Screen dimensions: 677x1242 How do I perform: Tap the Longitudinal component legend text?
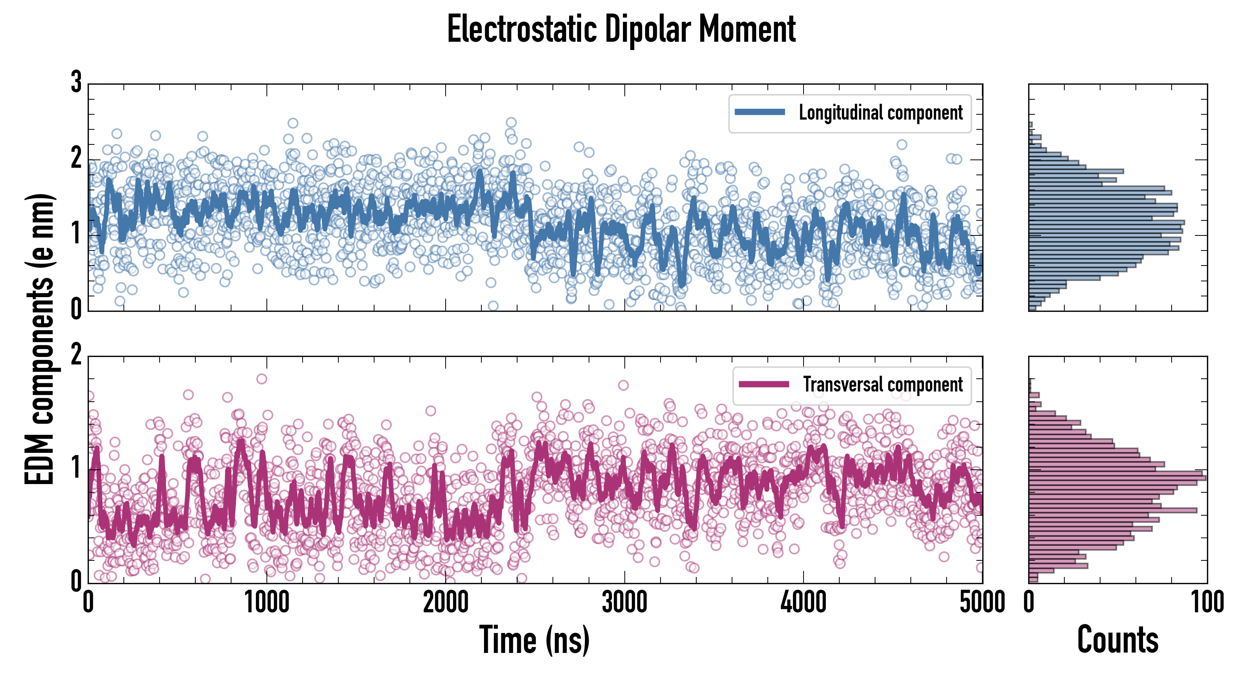880,113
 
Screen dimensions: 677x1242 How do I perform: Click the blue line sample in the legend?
760,112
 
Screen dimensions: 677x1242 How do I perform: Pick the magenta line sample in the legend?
764,384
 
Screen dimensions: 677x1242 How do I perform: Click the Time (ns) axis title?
534,640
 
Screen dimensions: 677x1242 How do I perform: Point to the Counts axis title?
1117,640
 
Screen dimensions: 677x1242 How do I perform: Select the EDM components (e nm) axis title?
40,339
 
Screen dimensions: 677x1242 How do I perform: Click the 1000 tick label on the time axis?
266,602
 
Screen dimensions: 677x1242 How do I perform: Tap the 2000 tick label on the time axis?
446,602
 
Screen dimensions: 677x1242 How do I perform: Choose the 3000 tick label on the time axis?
624,602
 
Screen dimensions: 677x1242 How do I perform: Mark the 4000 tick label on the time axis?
803,602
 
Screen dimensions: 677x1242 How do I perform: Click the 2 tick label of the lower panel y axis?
76,355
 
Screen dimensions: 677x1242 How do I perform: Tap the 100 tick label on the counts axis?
1207,602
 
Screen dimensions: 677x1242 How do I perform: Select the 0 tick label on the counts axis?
1029,602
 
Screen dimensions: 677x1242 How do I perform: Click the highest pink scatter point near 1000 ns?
261,379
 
